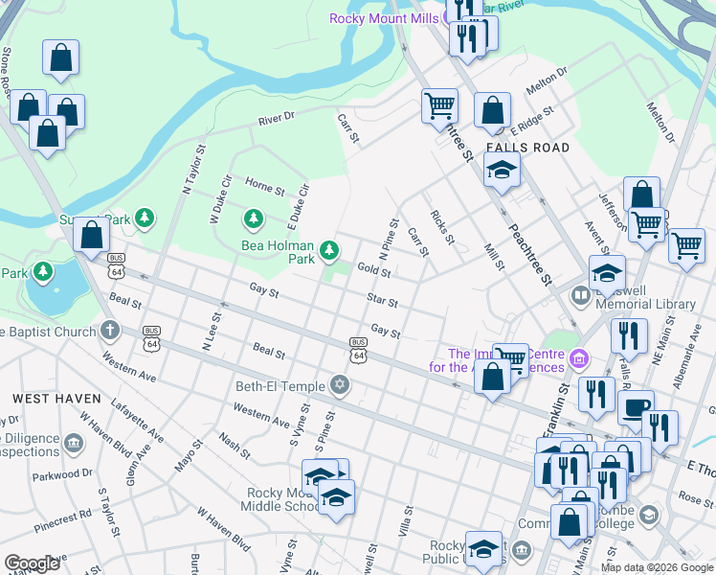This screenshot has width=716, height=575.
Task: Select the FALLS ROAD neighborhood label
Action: point(527,148)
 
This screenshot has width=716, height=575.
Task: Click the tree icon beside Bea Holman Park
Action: point(329,250)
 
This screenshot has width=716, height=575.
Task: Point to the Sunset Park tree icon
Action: point(145,218)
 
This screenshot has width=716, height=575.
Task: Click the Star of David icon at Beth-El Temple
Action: point(338,386)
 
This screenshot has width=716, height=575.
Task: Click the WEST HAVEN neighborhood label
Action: point(51,397)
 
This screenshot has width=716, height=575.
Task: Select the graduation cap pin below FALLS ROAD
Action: point(501,171)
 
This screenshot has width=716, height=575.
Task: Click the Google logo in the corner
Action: point(32,563)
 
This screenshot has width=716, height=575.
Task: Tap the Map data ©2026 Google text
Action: point(657,567)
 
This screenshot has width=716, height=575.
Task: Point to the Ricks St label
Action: point(441,226)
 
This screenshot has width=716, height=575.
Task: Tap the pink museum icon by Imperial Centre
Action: point(577,359)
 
